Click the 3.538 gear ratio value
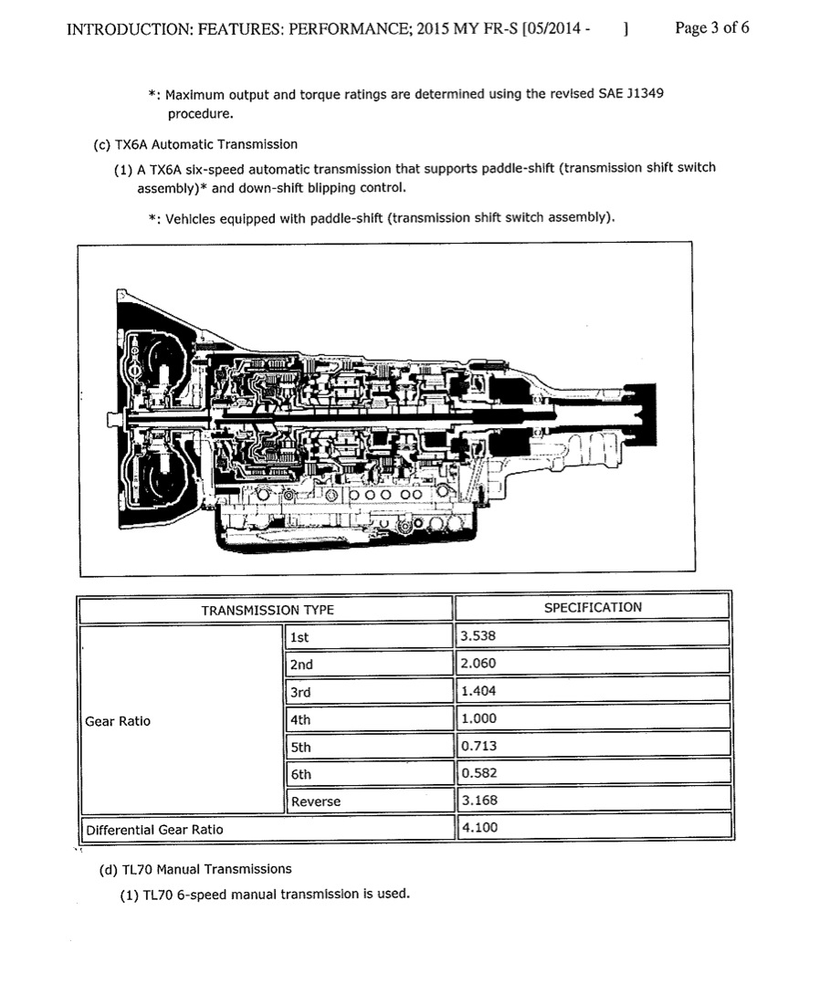tap(479, 636)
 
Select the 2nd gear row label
tap(301, 665)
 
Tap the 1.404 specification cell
tap(479, 691)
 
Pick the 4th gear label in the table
tap(300, 719)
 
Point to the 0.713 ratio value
tap(479, 746)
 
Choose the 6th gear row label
tap(300, 774)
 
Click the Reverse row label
tap(315, 801)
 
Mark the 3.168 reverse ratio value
tap(479, 801)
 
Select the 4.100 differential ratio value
tap(479, 828)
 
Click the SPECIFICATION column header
tap(593, 607)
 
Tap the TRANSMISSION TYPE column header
tap(268, 610)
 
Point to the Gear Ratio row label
tap(118, 721)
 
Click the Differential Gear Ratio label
tap(154, 830)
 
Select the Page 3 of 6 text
tap(712, 27)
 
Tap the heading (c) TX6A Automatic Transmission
tap(195, 144)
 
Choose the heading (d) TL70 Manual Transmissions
tap(195, 869)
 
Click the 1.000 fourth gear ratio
tap(479, 718)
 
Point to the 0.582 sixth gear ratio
tap(479, 773)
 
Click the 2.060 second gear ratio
tap(479, 664)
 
